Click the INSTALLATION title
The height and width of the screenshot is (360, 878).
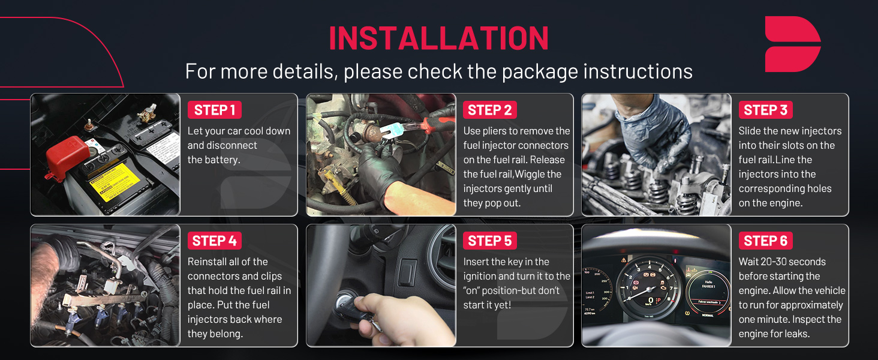point(438,38)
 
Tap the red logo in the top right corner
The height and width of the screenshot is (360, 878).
point(793,44)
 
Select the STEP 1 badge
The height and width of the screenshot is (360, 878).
point(215,110)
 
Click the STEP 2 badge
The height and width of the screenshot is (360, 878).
point(489,110)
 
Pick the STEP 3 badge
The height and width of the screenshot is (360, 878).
point(765,110)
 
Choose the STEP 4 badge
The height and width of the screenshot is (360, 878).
point(215,241)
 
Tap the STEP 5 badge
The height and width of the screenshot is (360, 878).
point(489,241)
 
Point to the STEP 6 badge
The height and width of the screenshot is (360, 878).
point(765,241)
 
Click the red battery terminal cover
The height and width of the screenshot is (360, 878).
point(67,157)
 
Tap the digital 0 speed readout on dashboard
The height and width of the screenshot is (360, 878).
point(651,301)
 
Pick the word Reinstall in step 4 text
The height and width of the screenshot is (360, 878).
point(208,262)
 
